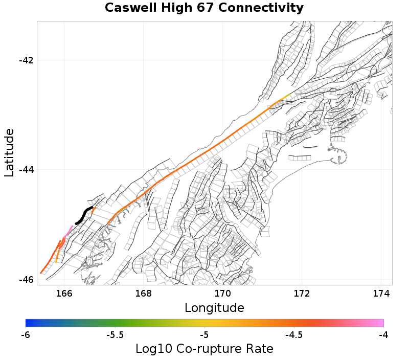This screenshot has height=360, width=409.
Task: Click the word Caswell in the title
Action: pos(129,8)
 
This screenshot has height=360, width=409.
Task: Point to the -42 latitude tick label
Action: pos(26,60)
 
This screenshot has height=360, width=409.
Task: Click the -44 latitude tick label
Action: pos(26,170)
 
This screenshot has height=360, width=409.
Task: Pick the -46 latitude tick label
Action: pos(26,280)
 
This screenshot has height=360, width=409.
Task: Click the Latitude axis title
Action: pos(9,153)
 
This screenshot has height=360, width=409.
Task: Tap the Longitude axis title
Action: pos(214,308)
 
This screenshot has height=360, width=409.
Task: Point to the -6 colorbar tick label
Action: pos(26,335)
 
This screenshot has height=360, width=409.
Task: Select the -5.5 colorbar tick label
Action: pos(115,335)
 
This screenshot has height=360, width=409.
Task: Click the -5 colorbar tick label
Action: pos(204,335)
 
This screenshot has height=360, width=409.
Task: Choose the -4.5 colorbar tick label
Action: pos(294,335)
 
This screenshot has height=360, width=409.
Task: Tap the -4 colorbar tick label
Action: pos(383,335)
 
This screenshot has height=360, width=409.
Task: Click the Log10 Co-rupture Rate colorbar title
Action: pos(204,349)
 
